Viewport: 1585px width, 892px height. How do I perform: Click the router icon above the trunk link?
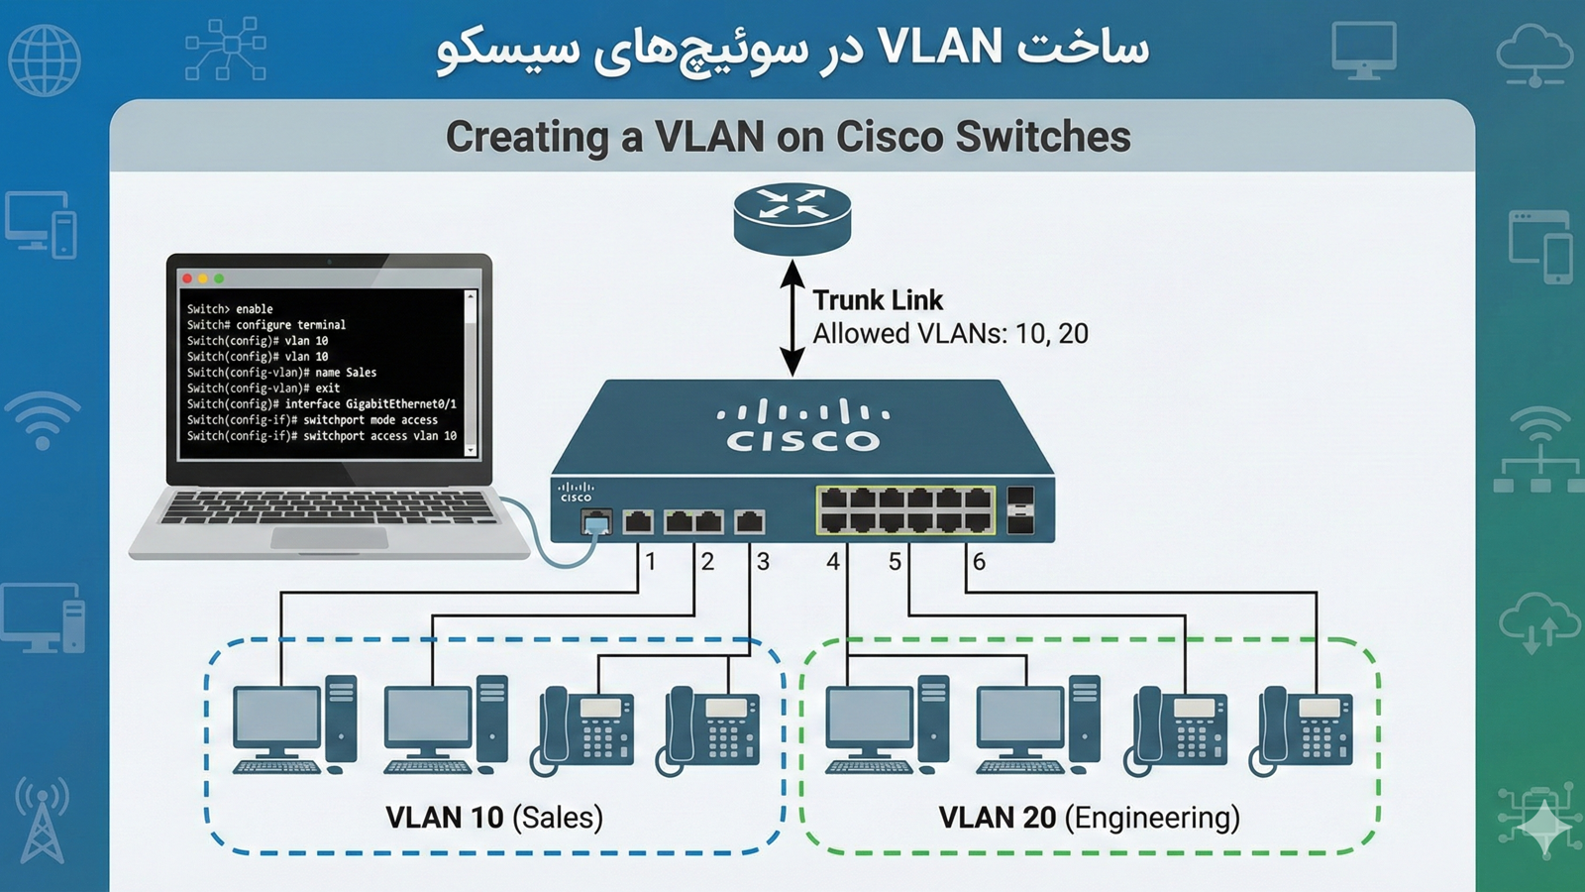tap(792, 218)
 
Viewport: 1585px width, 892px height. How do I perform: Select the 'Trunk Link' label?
tap(877, 300)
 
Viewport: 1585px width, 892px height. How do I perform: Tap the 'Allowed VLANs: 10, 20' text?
tap(950, 334)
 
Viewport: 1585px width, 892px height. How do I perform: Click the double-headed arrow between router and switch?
tap(792, 318)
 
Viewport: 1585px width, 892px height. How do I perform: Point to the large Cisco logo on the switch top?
tap(802, 426)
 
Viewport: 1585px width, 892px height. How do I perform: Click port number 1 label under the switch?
tap(651, 562)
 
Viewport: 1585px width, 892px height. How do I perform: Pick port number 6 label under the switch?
tap(979, 562)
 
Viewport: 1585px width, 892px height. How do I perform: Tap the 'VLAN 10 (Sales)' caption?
tap(493, 818)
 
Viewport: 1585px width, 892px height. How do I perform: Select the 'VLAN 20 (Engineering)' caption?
tap(1089, 818)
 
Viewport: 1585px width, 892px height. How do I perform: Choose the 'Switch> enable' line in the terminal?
tap(230, 309)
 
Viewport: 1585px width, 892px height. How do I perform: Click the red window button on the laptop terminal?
tap(187, 279)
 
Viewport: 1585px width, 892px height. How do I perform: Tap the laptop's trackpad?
tap(329, 537)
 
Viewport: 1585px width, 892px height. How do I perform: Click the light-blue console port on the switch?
tap(596, 522)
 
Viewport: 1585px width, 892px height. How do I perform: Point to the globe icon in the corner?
tap(44, 59)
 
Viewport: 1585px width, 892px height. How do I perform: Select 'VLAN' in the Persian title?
tap(940, 48)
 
